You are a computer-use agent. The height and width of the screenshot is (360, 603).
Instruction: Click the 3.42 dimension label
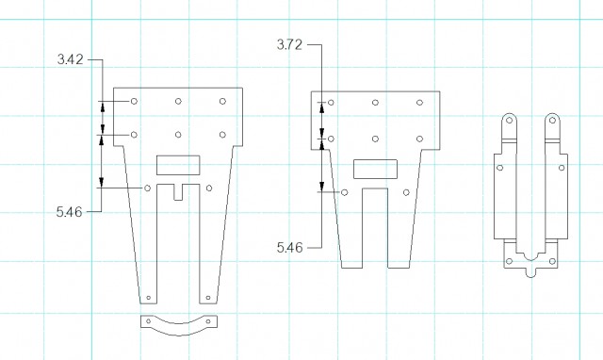(71, 59)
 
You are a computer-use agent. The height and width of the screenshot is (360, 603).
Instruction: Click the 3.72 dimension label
(289, 44)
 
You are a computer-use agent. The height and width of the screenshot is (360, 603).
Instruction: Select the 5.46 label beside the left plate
(69, 211)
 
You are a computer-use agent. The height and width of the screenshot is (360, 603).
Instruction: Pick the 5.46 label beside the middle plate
(289, 247)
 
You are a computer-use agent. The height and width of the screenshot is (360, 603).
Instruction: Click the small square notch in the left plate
(178, 192)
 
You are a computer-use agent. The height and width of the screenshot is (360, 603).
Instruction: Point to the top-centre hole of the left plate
(178, 101)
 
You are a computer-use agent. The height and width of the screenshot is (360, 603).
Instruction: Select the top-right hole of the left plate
(222, 101)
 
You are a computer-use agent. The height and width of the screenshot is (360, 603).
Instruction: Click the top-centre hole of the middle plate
(375, 103)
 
